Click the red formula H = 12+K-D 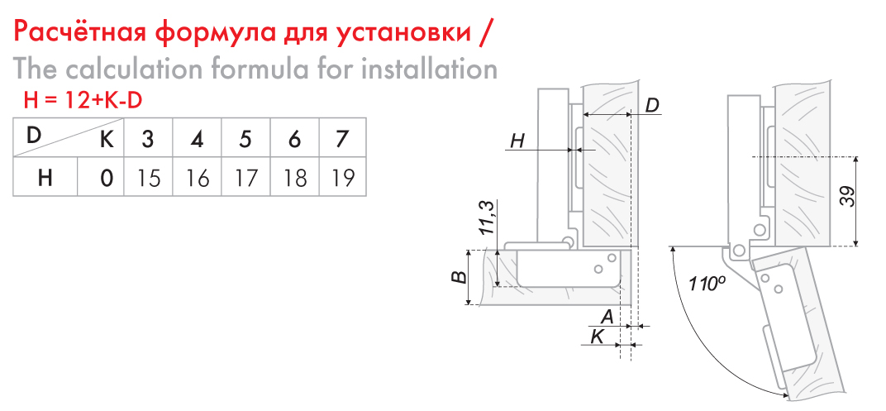82,100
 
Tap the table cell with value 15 148,178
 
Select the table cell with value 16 197,178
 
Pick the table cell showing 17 245,178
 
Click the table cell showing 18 295,178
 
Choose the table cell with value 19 343,178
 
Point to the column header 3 148,139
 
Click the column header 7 342,139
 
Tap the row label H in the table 45,178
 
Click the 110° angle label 707,281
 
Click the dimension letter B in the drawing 460,277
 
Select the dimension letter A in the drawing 607,317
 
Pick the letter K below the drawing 597,337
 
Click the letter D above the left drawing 653,106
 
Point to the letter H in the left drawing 517,141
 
